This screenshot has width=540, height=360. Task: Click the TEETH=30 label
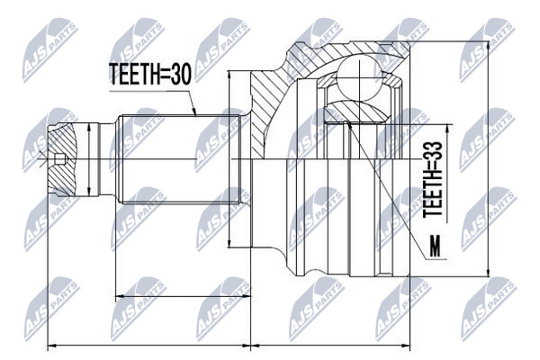[x=149, y=75]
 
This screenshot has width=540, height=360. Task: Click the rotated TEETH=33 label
[x=433, y=179]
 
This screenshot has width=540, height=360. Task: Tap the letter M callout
[x=436, y=247]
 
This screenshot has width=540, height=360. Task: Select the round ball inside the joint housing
[x=358, y=79]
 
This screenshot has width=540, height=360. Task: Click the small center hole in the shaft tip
[x=60, y=158]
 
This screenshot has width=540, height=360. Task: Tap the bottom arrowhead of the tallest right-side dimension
[x=488, y=272]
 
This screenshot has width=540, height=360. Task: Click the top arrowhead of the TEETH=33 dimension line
[x=447, y=129]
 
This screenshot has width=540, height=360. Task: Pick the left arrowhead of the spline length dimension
[x=120, y=295]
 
